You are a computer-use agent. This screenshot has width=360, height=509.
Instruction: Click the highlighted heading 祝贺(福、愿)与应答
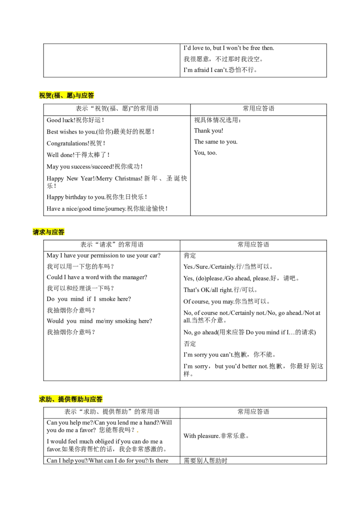tap(66, 95)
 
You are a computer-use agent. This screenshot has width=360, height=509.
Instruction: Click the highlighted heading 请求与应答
tap(49, 232)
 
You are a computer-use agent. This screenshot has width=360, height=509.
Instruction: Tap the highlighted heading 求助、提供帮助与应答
tap(71, 399)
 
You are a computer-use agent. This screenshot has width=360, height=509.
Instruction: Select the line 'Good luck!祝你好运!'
tap(76, 120)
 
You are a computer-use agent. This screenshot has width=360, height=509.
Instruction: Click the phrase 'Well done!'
tap(60, 155)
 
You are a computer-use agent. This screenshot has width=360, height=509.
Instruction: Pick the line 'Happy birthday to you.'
tap(76, 197)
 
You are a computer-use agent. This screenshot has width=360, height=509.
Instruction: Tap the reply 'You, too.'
tap(205, 153)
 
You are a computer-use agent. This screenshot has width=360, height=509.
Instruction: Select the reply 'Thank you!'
tap(209, 131)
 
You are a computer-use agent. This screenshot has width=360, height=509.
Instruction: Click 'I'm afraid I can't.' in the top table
tap(206, 70)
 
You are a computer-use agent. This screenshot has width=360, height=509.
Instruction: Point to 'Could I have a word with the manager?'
tap(97, 277)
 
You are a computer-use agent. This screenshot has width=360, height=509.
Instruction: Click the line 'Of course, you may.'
tap(209, 302)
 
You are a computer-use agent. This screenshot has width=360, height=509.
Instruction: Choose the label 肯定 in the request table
tap(190, 255)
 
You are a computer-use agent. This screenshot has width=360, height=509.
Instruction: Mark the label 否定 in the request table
tap(190, 344)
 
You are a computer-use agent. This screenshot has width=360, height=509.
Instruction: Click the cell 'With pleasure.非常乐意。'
tap(216, 436)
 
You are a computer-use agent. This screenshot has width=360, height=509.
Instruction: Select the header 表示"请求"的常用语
tap(112, 245)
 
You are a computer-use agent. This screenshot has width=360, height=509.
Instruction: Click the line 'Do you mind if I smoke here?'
tap(89, 299)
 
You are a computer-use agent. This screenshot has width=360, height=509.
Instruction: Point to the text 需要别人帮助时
tap(205, 460)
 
